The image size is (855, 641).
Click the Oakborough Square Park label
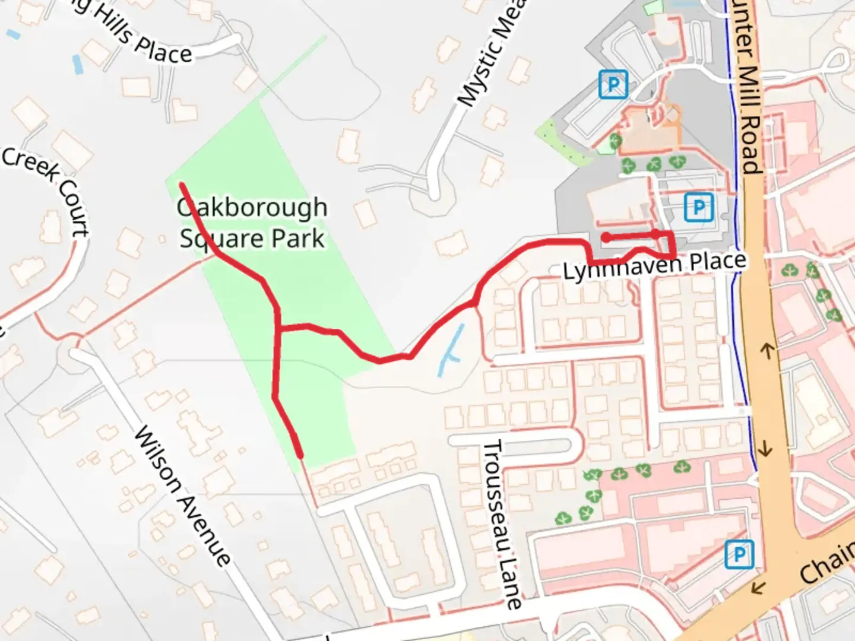[252, 223]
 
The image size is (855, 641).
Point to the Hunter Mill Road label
[749, 89]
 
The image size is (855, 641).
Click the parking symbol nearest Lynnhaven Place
[698, 207]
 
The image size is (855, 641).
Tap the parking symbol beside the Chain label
[739, 554]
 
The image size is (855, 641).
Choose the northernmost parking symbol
[613, 84]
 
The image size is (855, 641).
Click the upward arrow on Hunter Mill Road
[767, 351]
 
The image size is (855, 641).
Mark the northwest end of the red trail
[182, 185]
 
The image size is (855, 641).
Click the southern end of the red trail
[300, 456]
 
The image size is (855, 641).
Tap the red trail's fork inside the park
[278, 328]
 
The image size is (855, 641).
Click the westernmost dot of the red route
[606, 237]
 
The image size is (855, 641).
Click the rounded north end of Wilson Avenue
[74, 353]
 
